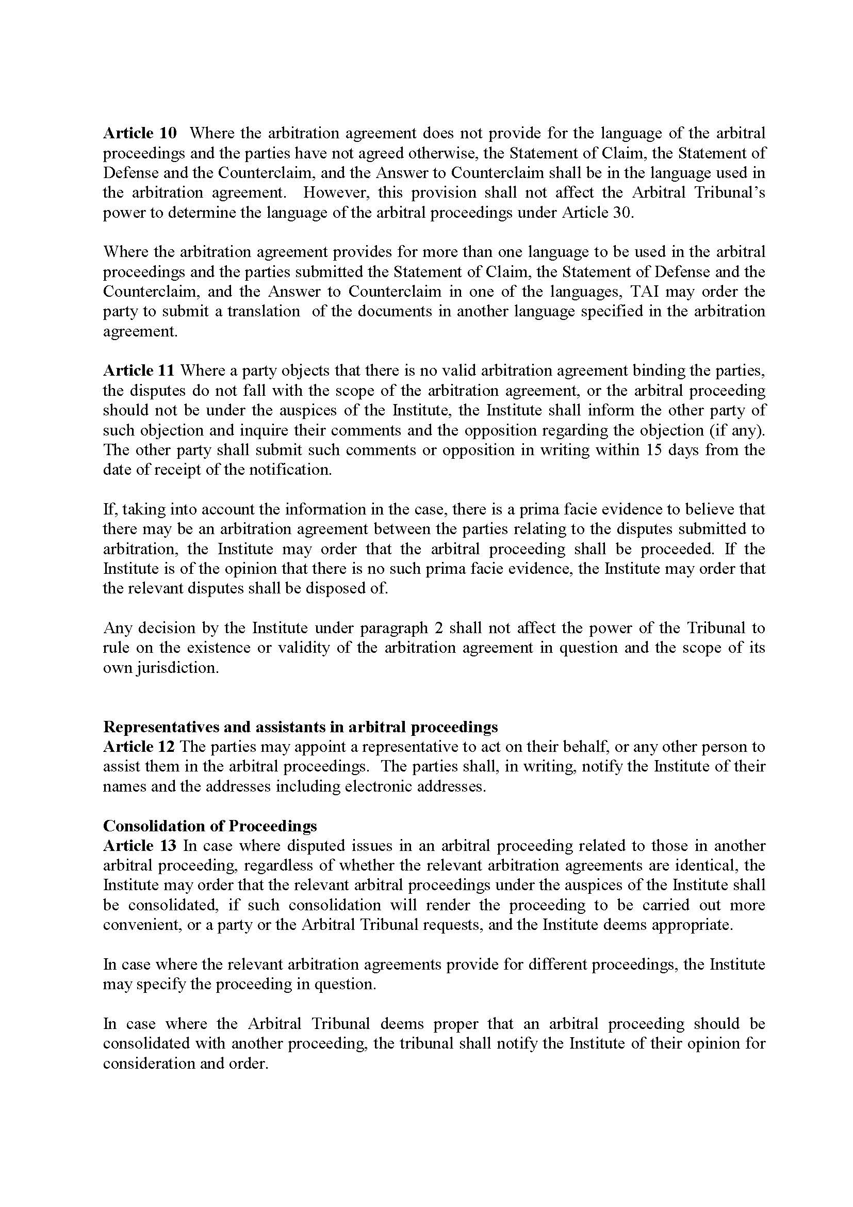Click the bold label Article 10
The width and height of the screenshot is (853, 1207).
coord(140,133)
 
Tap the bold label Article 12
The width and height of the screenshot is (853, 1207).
coord(139,747)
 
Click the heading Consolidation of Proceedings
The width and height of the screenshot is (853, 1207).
coord(210,826)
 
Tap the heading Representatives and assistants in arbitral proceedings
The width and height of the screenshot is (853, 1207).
coord(301,727)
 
